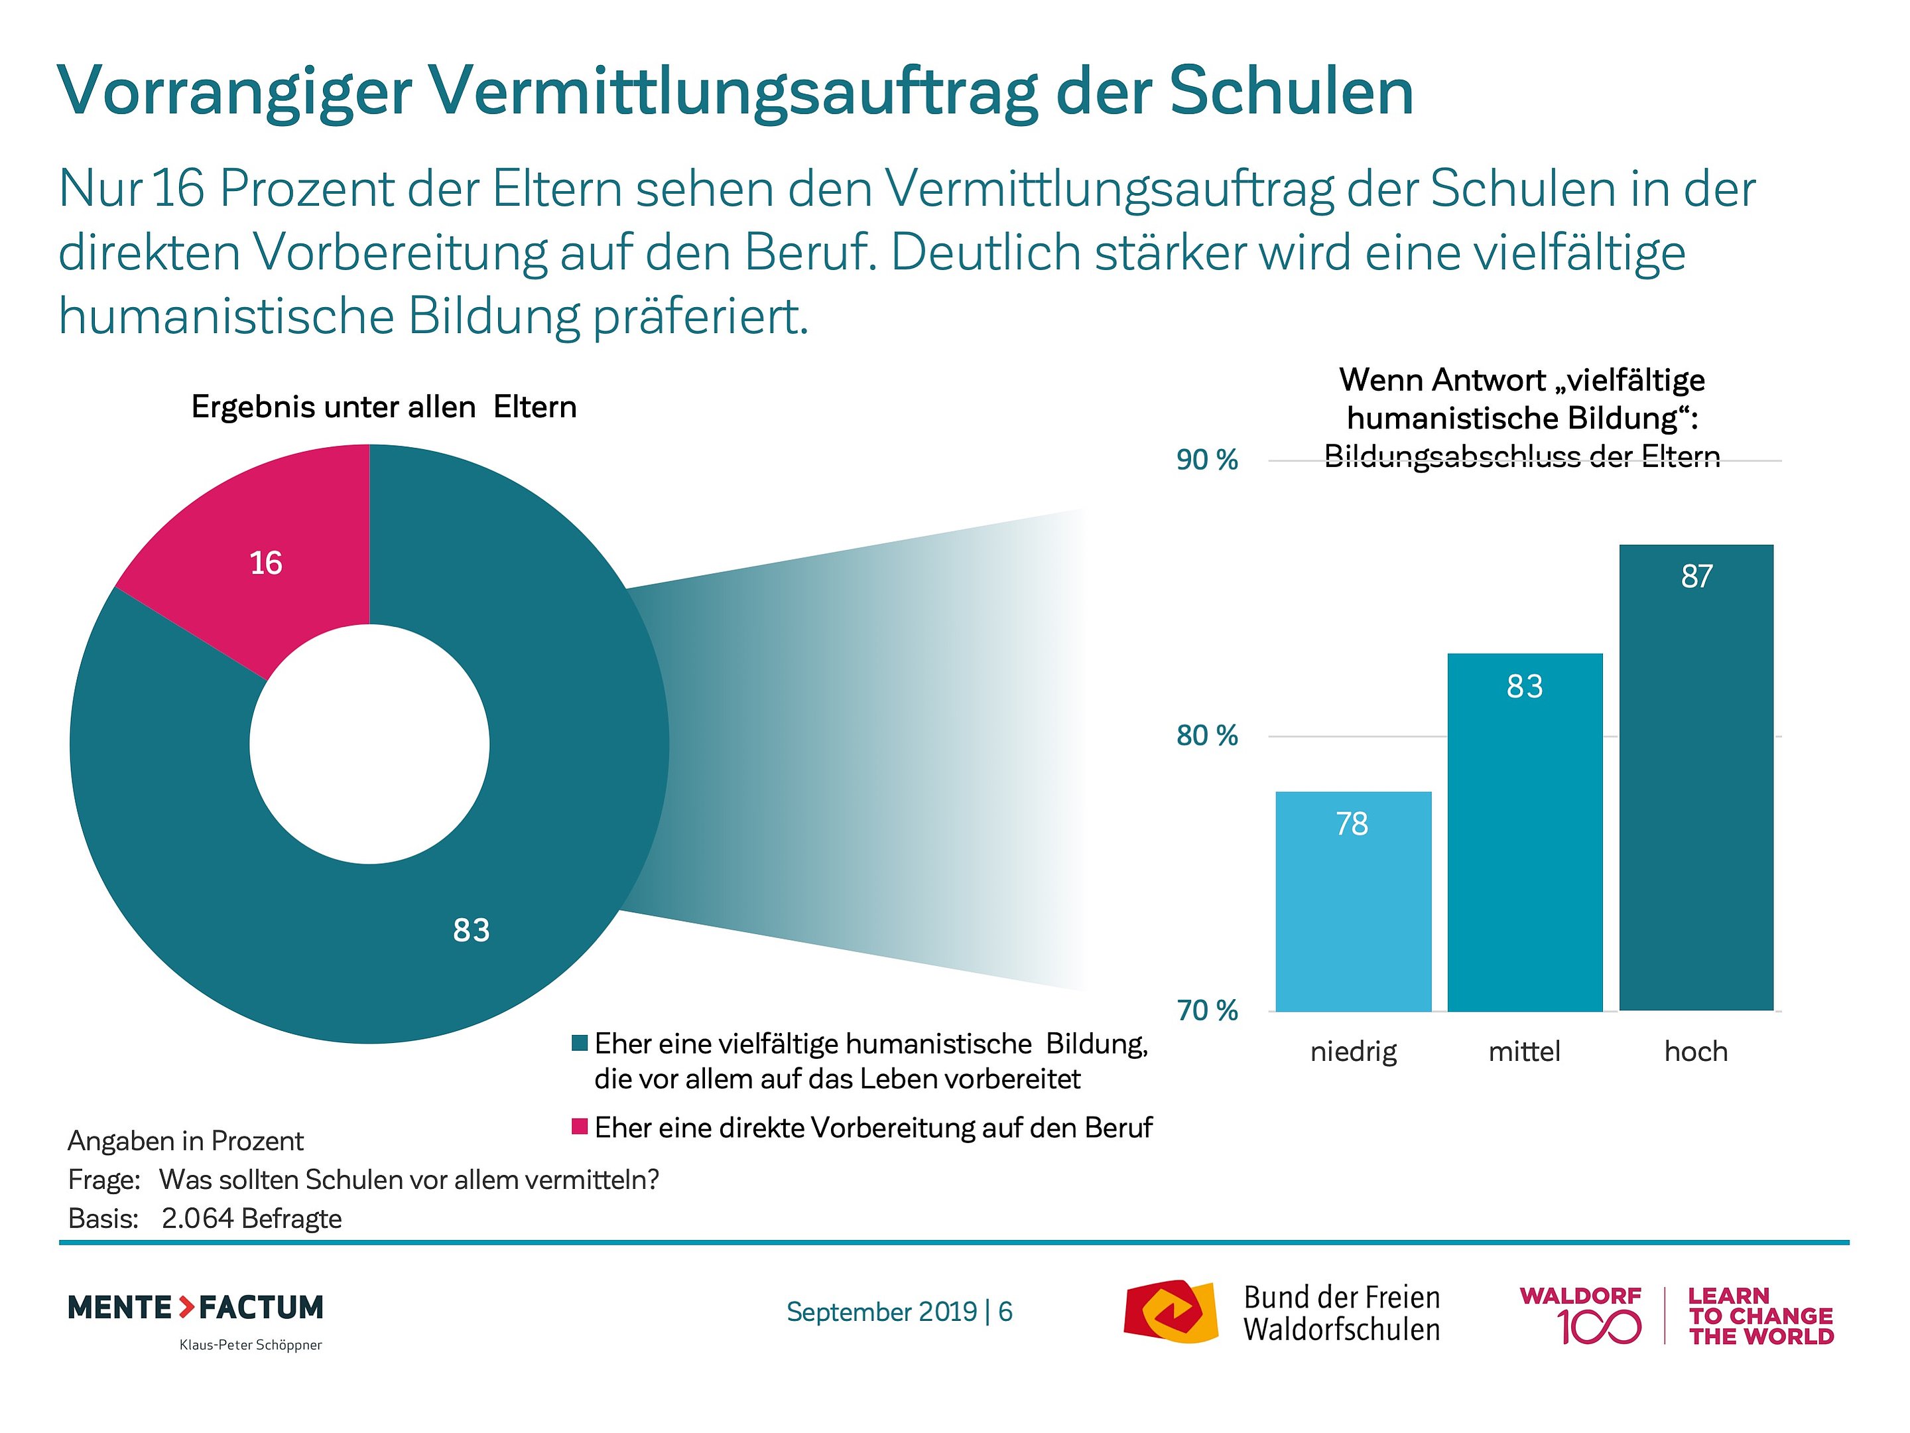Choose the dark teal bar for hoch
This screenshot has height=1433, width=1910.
[x=1695, y=778]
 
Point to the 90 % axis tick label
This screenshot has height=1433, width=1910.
[x=1206, y=460]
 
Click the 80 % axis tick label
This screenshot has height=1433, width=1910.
[x=1206, y=736]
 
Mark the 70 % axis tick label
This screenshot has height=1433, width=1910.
[x=1206, y=1010]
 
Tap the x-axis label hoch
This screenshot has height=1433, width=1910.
[x=1695, y=1052]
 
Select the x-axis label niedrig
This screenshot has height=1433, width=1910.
[x=1352, y=1052]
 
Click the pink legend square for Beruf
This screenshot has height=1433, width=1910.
[x=580, y=1126]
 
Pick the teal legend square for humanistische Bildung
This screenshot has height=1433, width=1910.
[x=580, y=1044]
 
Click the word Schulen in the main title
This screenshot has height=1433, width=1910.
[x=1291, y=91]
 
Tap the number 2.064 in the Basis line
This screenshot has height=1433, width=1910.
[x=197, y=1219]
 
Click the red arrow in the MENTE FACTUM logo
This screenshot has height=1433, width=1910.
[x=186, y=1307]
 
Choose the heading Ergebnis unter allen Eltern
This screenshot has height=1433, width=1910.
[x=383, y=407]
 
